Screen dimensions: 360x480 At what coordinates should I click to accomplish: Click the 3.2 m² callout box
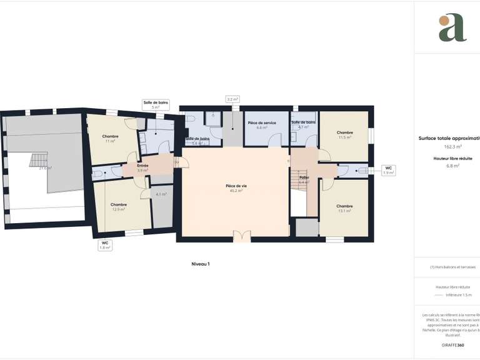232,99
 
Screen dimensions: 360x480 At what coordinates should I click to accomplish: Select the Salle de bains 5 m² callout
156,104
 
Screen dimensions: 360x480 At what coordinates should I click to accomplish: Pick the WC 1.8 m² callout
104,245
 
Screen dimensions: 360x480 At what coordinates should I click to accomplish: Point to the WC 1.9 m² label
388,170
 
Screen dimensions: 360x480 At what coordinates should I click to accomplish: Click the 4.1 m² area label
161,194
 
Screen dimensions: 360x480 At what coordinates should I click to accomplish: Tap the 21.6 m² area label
45,167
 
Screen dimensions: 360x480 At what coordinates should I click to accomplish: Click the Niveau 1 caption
200,264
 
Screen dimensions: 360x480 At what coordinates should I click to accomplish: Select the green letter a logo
452,27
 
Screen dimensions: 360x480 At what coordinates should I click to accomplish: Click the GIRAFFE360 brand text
452,345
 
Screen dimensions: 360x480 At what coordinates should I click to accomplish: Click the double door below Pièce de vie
241,236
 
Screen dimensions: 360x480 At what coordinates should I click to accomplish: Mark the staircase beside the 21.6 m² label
39,159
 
